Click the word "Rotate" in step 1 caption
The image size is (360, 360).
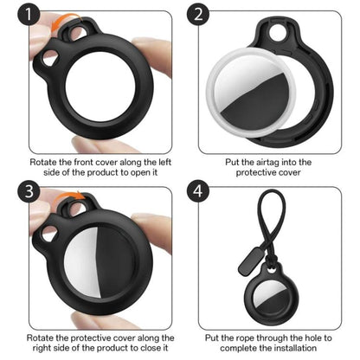[x=44, y=161]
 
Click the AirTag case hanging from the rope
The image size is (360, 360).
[x=268, y=302]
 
